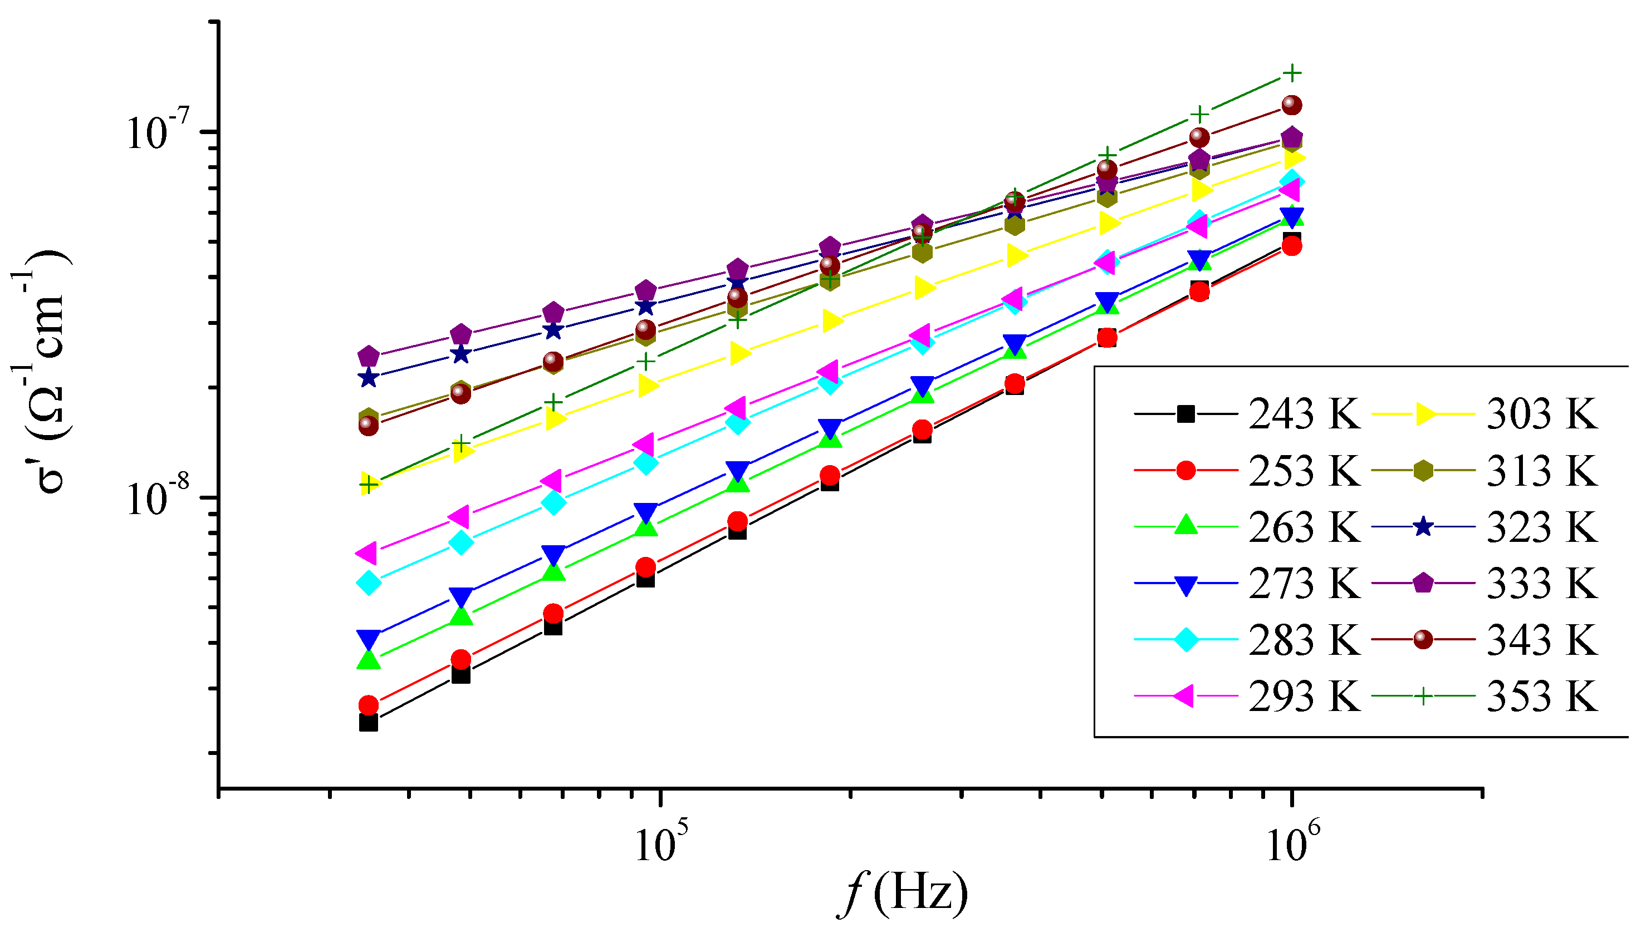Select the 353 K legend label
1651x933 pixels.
click(1541, 696)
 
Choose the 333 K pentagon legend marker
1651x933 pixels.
click(1423, 583)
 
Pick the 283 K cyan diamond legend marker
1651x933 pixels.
click(1186, 639)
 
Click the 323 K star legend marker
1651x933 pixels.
click(1423, 527)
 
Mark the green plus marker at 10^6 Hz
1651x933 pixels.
click(1292, 73)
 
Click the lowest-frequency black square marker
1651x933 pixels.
click(369, 723)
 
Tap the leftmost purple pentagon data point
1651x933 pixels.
click(369, 356)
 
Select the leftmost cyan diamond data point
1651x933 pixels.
click(369, 582)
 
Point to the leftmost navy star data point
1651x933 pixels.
click(368, 378)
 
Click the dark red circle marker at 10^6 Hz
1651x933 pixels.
click(1292, 105)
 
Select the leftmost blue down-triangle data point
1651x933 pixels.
click(369, 638)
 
